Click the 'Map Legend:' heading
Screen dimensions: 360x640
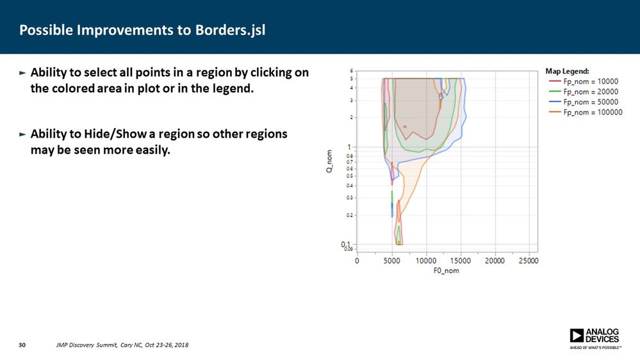point(567,71)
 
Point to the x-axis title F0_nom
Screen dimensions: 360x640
point(446,270)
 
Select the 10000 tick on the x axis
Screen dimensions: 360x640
point(425,261)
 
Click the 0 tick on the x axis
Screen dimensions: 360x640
point(357,261)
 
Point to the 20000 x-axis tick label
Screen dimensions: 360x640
point(494,261)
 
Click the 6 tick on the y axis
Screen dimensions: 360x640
point(351,70)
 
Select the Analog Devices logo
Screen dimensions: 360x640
point(594,338)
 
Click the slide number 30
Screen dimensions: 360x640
point(22,346)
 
